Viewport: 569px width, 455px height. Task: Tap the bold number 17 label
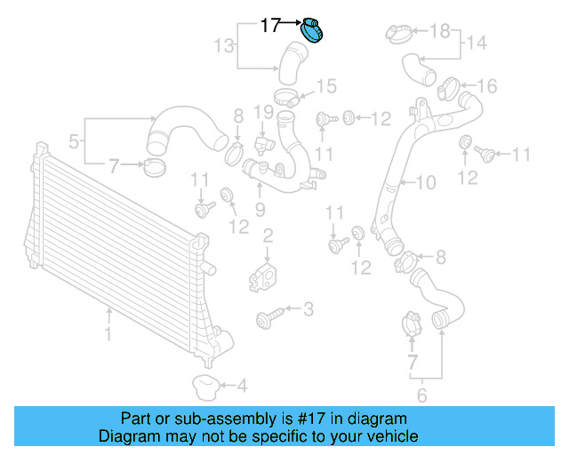click(x=271, y=26)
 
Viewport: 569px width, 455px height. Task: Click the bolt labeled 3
click(x=268, y=315)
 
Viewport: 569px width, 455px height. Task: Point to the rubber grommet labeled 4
click(x=205, y=387)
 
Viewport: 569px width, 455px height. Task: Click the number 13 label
click(x=224, y=45)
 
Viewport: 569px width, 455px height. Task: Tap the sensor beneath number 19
click(x=262, y=142)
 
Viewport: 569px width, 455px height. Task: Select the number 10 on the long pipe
click(x=426, y=183)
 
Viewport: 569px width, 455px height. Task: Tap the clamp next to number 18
click(x=397, y=33)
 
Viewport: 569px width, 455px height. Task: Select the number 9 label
click(x=260, y=210)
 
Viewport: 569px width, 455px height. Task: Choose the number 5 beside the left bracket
click(x=74, y=140)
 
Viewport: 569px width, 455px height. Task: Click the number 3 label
click(x=308, y=309)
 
